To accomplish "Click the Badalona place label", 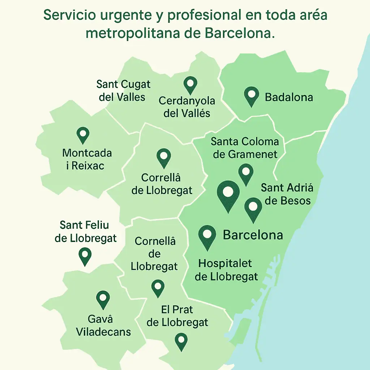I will click(289, 97).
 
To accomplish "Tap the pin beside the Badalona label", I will click(252, 95).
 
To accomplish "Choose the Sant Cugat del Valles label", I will click(123, 90).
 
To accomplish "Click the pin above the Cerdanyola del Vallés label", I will click(190, 85).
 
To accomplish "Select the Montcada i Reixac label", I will click(87, 159).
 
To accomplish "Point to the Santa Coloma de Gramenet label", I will click(245, 148).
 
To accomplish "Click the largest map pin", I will click(228, 194).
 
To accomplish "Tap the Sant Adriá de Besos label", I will click(287, 194).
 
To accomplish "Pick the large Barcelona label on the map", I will click(253, 235).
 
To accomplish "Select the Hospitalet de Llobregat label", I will click(227, 270).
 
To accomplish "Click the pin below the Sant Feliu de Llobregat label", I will click(85, 256).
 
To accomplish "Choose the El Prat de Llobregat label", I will click(177, 316).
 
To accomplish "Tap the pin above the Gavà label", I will click(103, 299).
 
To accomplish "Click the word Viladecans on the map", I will click(103, 332).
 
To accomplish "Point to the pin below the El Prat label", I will click(181, 341).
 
